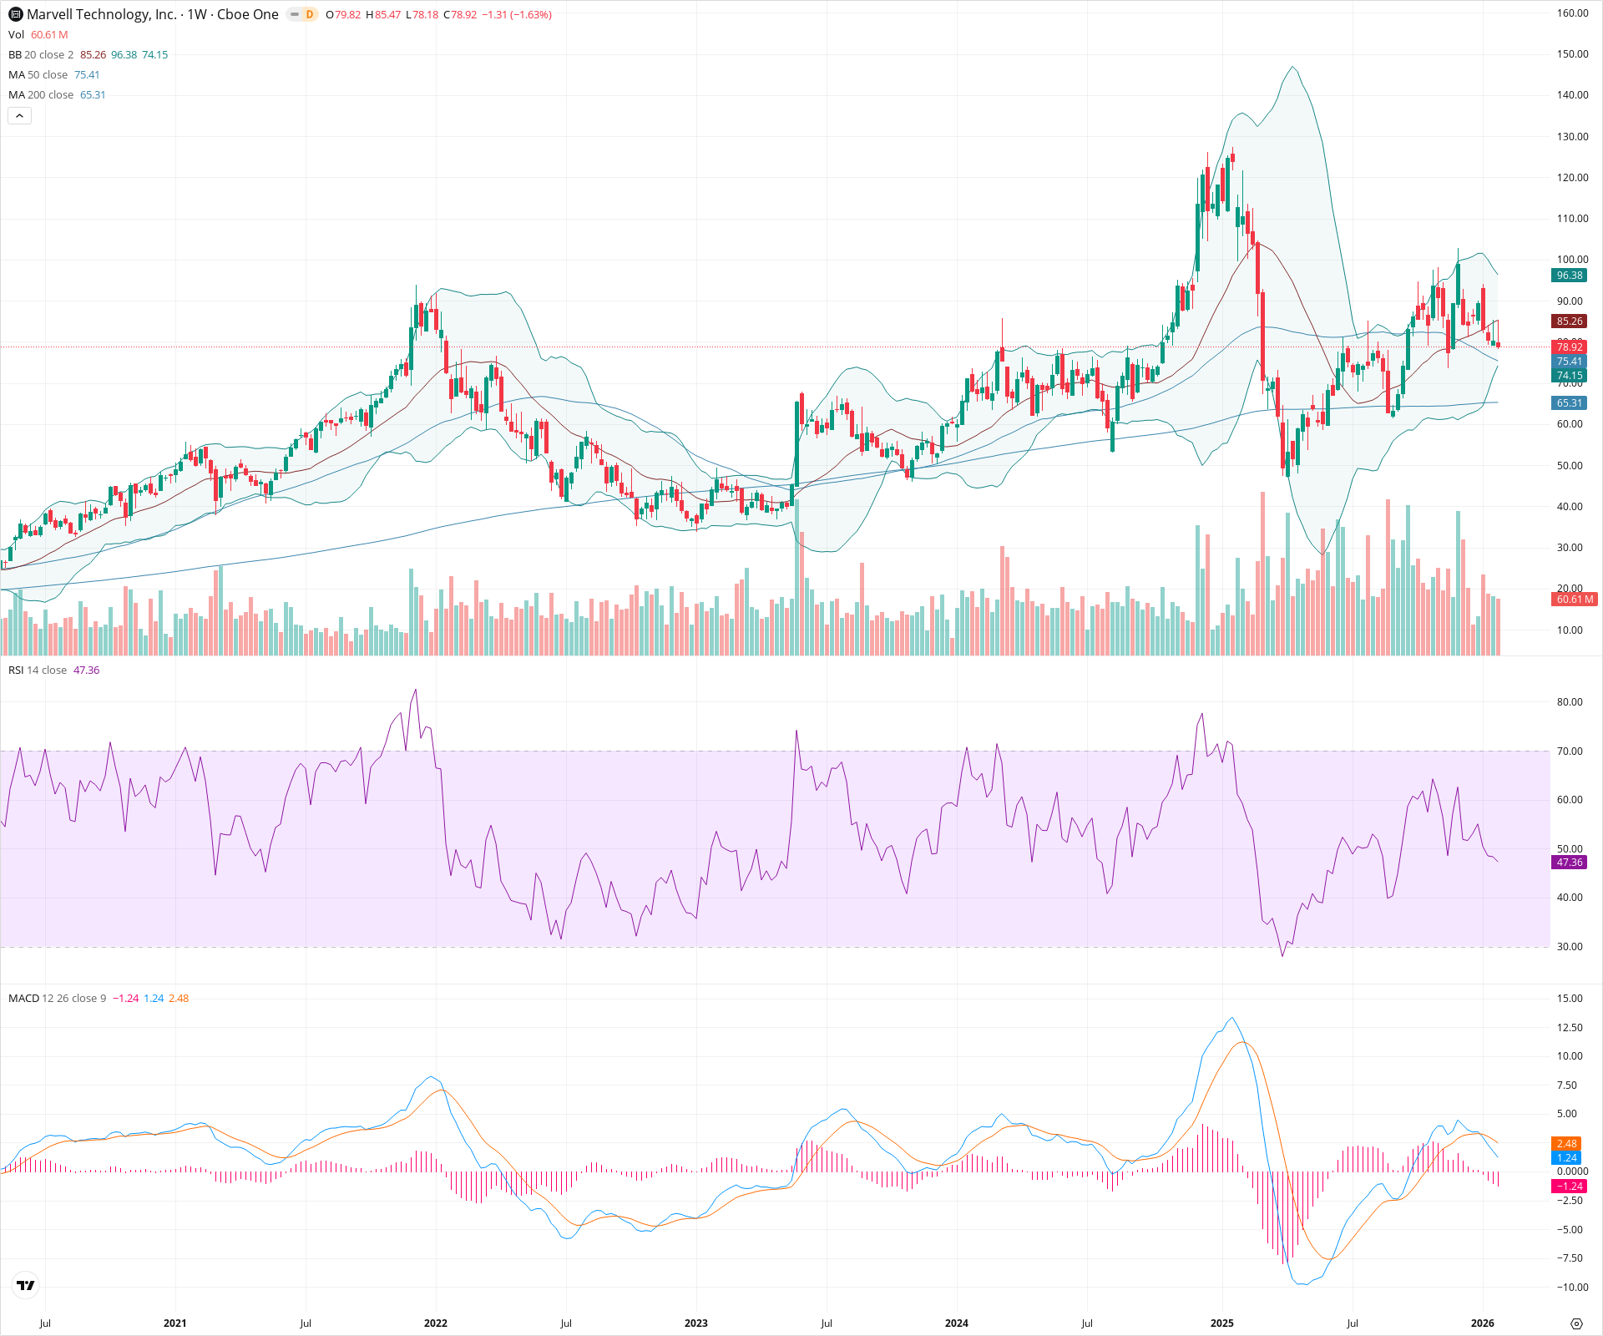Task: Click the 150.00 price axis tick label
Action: (1572, 54)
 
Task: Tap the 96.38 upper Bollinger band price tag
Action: (1569, 276)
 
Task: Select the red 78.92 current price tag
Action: (1569, 347)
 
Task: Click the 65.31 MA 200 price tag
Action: (1569, 403)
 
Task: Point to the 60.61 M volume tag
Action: (1574, 600)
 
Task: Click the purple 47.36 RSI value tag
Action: (1569, 863)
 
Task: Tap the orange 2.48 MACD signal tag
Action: (1566, 1144)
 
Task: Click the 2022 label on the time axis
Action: (435, 1323)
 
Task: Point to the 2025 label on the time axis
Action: (1221, 1323)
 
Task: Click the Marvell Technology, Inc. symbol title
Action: (101, 14)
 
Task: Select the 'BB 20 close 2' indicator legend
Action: (41, 55)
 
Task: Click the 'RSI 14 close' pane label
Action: (38, 671)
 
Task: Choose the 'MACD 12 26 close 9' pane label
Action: (57, 999)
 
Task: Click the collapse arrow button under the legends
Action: (19, 116)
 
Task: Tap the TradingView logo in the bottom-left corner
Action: (26, 1286)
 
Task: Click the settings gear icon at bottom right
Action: (1576, 1323)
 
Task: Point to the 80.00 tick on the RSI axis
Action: (1570, 702)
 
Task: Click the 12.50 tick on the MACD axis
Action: (1570, 1028)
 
